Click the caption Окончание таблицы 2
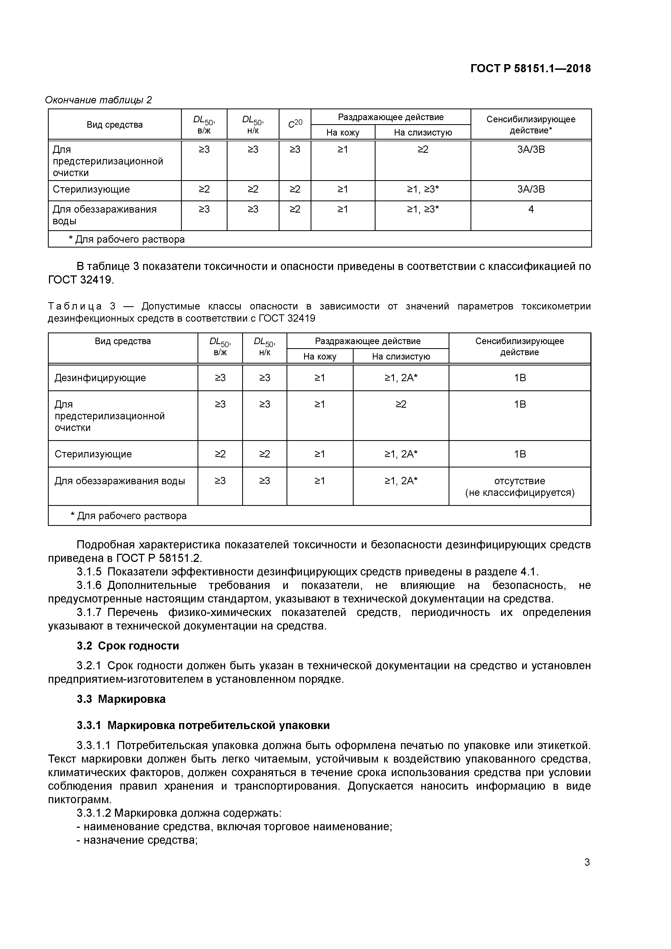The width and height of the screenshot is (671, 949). (x=98, y=100)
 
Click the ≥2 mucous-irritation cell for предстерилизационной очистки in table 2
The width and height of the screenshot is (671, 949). (x=423, y=150)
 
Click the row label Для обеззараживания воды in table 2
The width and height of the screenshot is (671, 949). (x=104, y=215)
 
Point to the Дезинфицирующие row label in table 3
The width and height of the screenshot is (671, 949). (x=100, y=378)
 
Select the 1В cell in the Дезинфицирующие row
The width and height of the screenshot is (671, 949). (x=520, y=378)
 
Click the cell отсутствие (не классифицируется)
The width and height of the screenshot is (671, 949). (x=520, y=486)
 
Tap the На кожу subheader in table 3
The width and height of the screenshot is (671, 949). (x=320, y=356)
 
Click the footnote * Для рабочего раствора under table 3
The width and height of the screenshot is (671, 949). (x=129, y=516)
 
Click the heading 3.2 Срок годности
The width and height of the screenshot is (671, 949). (x=128, y=646)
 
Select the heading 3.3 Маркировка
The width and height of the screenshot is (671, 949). (x=121, y=699)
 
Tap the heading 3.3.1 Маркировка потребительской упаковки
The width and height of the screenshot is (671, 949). (x=203, y=725)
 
